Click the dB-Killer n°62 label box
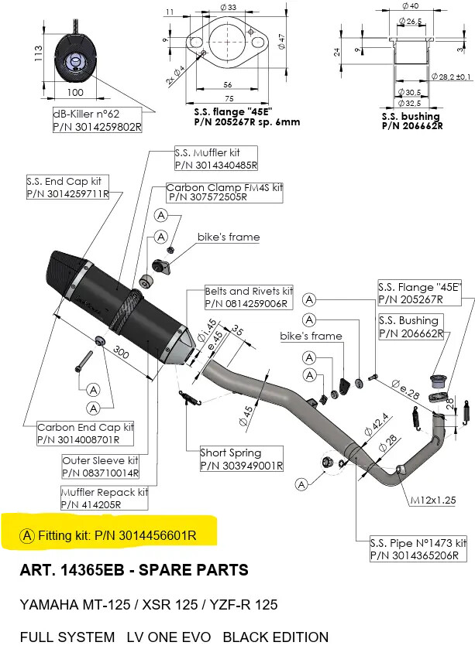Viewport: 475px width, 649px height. (x=97, y=120)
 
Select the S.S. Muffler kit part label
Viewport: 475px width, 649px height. (x=215, y=159)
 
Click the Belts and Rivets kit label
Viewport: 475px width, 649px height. (x=249, y=298)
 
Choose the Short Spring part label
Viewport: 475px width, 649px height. (x=240, y=459)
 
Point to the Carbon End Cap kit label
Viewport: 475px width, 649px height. (x=86, y=433)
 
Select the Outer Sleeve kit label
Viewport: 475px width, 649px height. (x=100, y=466)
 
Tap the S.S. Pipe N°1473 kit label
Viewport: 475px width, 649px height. (x=418, y=549)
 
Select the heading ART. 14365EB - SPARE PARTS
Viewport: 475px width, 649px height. (x=134, y=571)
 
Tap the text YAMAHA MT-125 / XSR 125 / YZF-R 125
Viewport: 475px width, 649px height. (x=149, y=604)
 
